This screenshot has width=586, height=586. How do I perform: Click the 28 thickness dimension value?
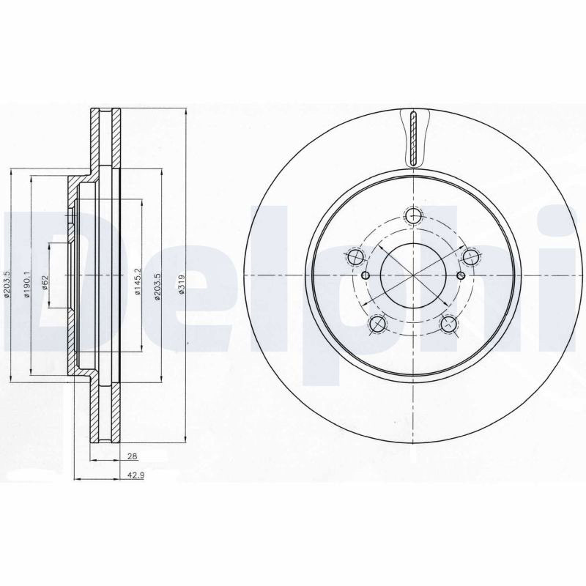tap(133, 456)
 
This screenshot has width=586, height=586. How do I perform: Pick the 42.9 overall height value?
tap(136, 475)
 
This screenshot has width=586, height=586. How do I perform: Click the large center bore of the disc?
tap(413, 275)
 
